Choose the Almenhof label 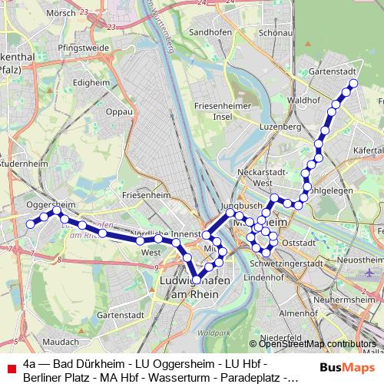[x=298, y=313]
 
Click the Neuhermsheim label [x=349, y=299]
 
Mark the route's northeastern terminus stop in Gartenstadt [x=353, y=82]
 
